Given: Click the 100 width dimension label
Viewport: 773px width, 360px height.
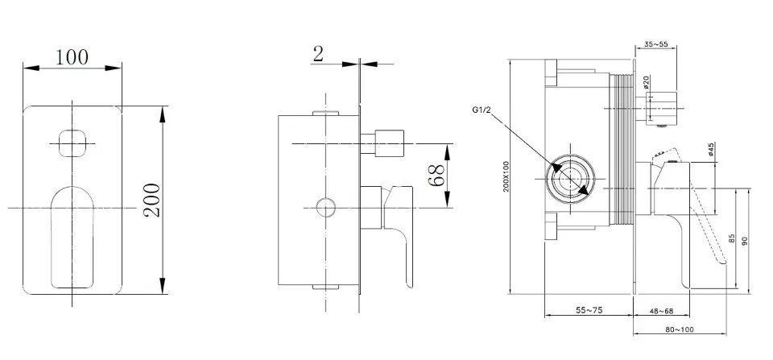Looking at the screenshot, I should (72, 57).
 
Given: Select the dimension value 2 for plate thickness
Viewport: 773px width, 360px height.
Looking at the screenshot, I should (318, 53).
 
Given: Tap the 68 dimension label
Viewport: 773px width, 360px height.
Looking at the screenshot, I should (437, 176).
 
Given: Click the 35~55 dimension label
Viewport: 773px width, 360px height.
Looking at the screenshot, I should (656, 44).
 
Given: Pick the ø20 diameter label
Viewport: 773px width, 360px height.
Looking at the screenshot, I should (647, 83).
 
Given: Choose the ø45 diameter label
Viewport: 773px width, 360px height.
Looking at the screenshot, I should (711, 150).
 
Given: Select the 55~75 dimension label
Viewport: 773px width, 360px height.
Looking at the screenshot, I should (591, 308).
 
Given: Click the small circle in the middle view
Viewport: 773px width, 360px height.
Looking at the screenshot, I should (324, 208).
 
